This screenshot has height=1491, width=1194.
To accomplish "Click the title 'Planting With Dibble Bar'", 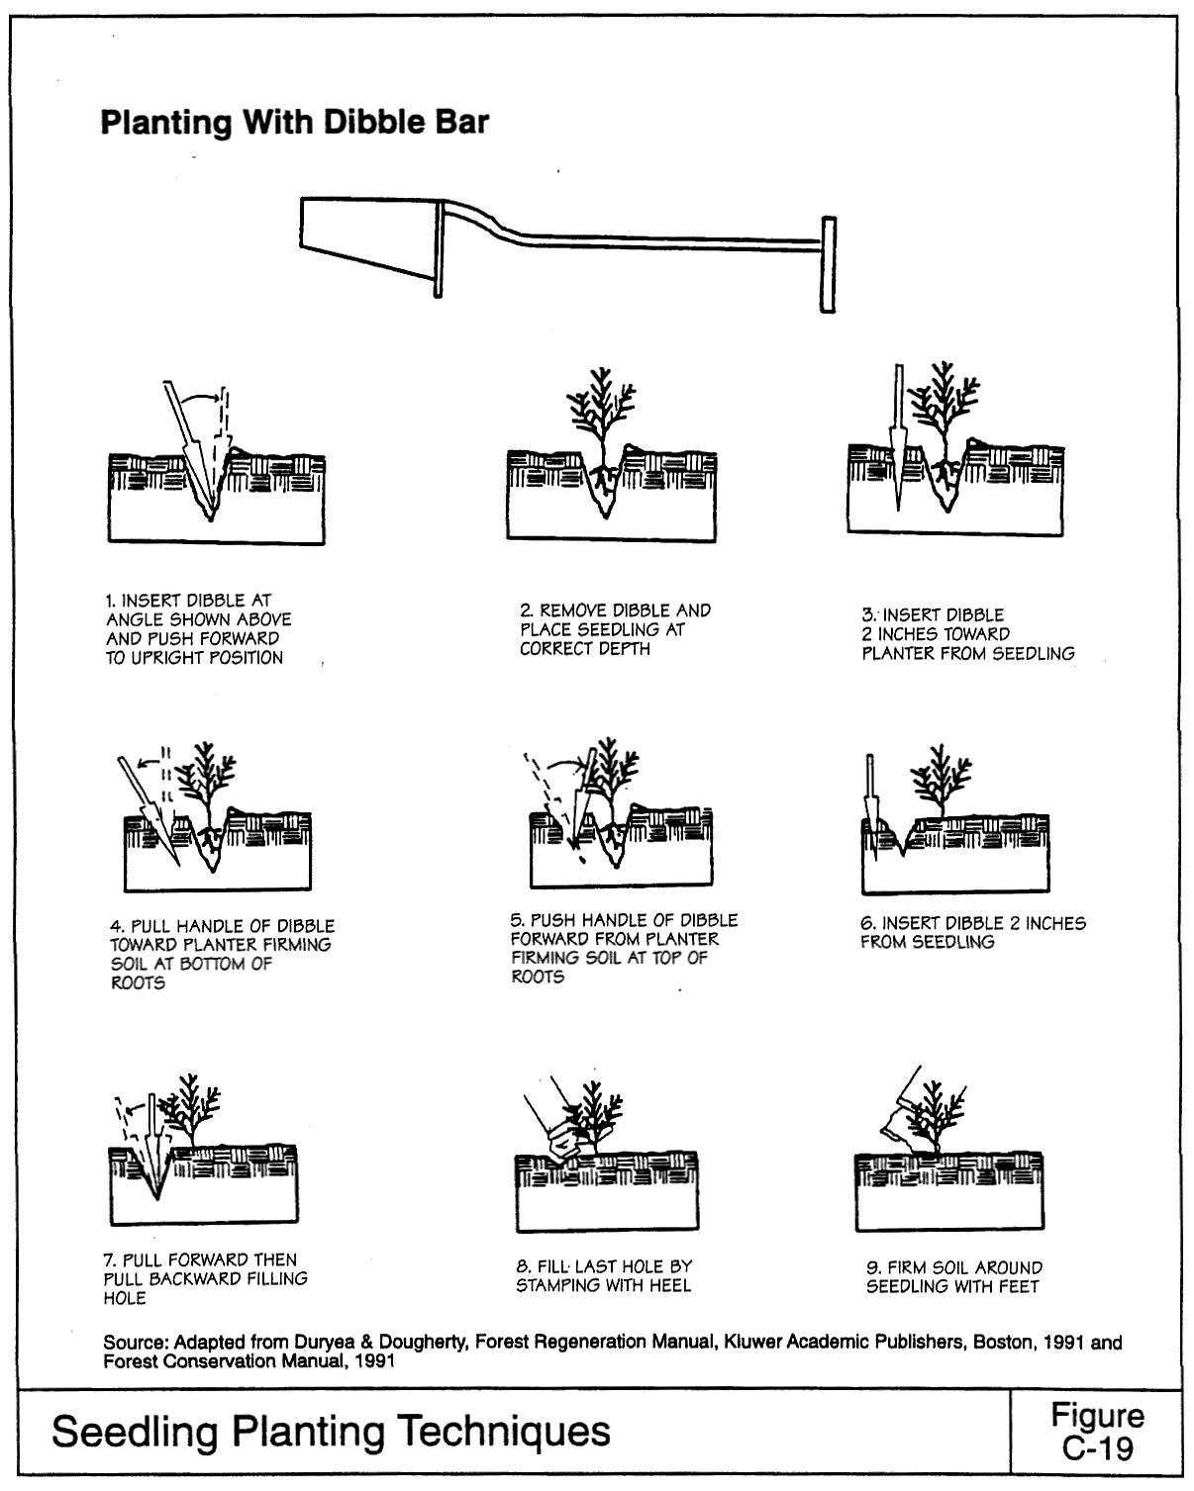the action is [x=295, y=124].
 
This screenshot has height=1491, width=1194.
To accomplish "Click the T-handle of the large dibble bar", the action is [x=828, y=265].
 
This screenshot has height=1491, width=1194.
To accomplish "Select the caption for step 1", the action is [x=198, y=629].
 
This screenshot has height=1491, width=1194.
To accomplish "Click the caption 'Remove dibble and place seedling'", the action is [x=615, y=629].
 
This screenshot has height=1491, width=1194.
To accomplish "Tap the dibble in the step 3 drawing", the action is [x=898, y=435].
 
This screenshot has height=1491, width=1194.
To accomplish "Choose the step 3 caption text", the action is [x=967, y=634].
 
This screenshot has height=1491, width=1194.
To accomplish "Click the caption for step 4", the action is [x=222, y=954].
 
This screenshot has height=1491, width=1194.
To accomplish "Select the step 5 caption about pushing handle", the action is [x=623, y=948].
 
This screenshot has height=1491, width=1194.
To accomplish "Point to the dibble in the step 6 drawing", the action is [x=871, y=799].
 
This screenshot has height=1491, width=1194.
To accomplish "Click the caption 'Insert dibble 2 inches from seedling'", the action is [x=972, y=932].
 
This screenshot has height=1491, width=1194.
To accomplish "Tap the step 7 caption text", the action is [x=205, y=1278].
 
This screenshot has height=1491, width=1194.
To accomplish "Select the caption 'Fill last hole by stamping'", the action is [x=604, y=1275].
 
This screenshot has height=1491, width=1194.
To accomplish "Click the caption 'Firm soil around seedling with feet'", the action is [x=953, y=1276].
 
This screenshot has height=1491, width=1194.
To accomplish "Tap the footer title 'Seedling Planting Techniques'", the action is [x=331, y=1431].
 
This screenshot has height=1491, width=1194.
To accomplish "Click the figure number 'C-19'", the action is [x=1097, y=1447].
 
